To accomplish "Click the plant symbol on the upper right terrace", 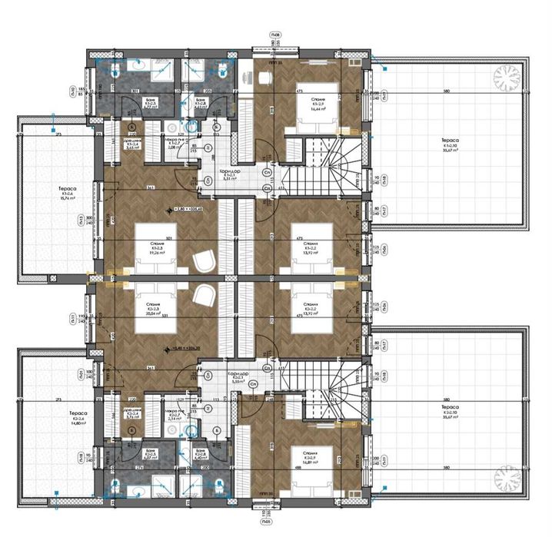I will coord(507,76).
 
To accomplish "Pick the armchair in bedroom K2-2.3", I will coord(204,295).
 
